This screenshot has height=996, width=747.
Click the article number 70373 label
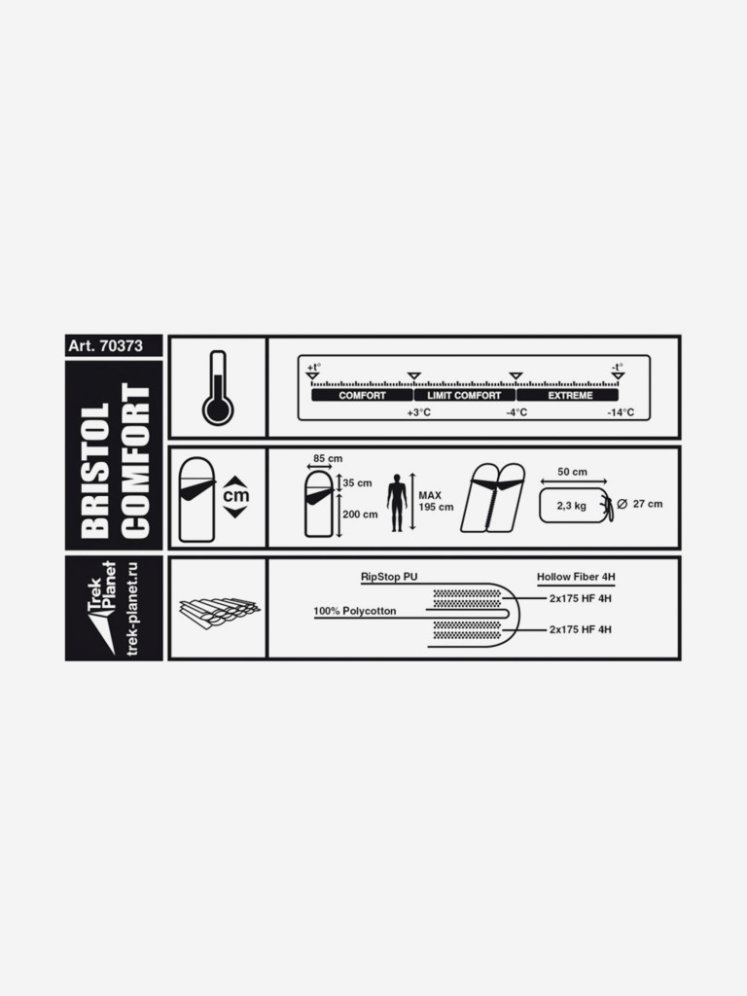pyautogui.click(x=105, y=345)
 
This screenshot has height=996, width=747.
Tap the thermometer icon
pyautogui.click(x=218, y=387)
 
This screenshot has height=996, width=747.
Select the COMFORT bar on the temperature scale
pyautogui.click(x=362, y=395)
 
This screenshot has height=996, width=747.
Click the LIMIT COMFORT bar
pyautogui.click(x=464, y=395)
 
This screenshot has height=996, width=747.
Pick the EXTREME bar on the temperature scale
pyautogui.click(x=567, y=395)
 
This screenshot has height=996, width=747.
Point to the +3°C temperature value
pyautogui.click(x=418, y=412)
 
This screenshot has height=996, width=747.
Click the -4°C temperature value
pyautogui.click(x=516, y=412)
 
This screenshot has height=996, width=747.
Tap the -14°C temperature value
pyautogui.click(x=621, y=412)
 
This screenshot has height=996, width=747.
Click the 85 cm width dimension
pyautogui.click(x=328, y=459)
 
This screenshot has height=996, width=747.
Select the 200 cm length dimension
pyautogui.click(x=360, y=515)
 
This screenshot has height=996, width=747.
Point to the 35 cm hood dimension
pyautogui.click(x=358, y=483)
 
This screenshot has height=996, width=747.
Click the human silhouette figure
pyautogui.click(x=397, y=503)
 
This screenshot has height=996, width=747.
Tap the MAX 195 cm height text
pyautogui.click(x=436, y=501)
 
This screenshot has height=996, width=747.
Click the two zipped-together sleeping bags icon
pyautogui.click(x=493, y=498)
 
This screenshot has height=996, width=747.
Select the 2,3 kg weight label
pyautogui.click(x=572, y=506)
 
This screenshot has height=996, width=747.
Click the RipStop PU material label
pyautogui.click(x=389, y=578)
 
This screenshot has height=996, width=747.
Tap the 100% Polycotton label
pyautogui.click(x=354, y=611)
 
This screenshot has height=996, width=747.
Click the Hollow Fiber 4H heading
pyautogui.click(x=576, y=578)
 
